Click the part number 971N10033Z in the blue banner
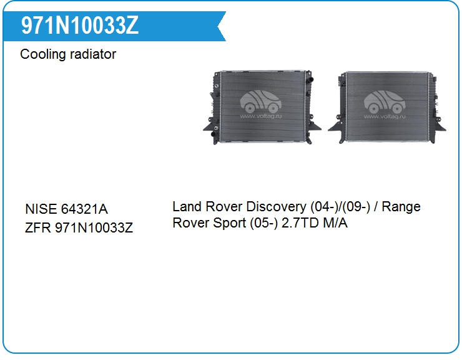tap(79, 26)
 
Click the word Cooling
tap(42, 54)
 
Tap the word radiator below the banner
tap(93, 54)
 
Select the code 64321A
tap(84, 209)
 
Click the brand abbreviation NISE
tap(41, 209)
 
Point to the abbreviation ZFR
tap(37, 227)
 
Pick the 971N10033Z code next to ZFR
tap(94, 227)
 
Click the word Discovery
tap(277, 207)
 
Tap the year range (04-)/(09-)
tap(340, 207)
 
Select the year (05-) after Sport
tap(263, 223)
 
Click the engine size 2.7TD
tap(300, 222)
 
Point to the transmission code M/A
tap(335, 222)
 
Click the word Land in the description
tap(187, 206)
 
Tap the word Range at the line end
tap(401, 207)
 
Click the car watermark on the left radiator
tap(261, 102)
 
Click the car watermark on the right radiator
tap(385, 102)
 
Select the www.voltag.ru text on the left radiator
tap(261, 116)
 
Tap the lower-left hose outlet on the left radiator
tap(214, 134)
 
